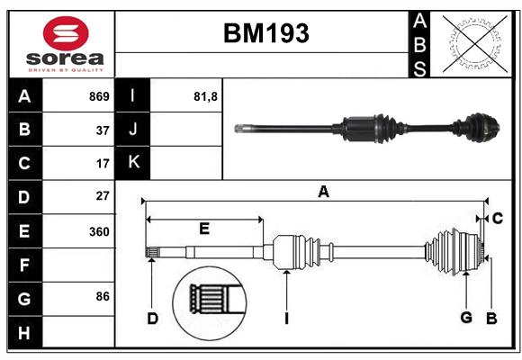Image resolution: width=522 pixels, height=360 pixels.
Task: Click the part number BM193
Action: click(265, 34)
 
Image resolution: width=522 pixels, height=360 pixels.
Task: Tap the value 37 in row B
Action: click(103, 130)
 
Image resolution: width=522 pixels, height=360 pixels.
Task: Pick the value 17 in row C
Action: click(103, 164)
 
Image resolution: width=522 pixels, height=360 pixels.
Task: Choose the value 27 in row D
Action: click(103, 196)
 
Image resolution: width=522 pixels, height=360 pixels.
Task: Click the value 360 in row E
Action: click(99, 231)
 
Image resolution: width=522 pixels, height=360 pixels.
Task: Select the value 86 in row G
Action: click(103, 296)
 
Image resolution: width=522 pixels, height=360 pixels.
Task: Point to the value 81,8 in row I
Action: click(206, 96)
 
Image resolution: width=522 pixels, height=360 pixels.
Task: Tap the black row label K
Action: click(133, 163)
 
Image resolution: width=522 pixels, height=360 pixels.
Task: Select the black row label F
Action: click(24, 265)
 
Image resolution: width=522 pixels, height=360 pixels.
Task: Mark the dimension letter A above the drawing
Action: click(323, 191)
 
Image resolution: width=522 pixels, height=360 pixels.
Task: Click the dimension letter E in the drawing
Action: click(204, 229)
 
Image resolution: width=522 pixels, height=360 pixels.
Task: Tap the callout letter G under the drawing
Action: click(466, 317)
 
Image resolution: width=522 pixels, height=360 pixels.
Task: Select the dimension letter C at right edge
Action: click(497, 218)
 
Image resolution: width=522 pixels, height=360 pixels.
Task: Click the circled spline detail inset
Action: click(213, 299)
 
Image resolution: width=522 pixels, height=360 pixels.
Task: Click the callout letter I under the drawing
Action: click(285, 317)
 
